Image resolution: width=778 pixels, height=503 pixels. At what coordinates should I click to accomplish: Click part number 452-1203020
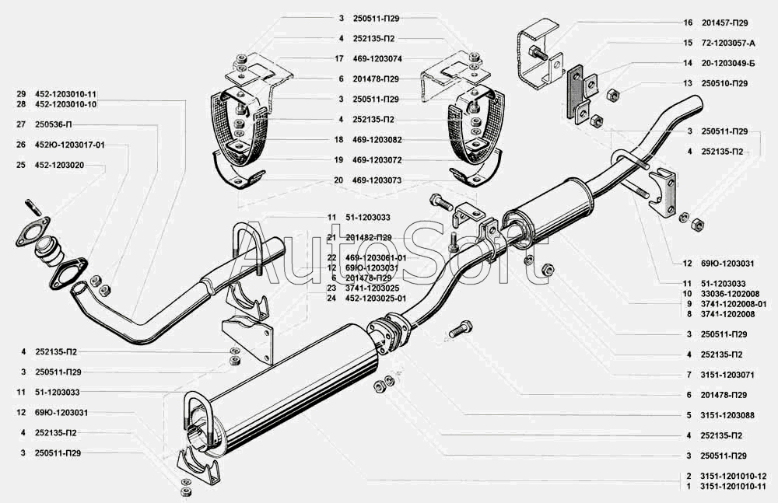[59, 165]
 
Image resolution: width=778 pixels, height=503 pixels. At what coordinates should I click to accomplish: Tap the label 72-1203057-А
[728, 44]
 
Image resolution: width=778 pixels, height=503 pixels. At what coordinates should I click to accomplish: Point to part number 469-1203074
[377, 58]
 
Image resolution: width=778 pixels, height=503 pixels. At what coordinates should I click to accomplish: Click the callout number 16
[688, 23]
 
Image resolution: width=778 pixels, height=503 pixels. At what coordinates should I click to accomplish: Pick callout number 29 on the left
[21, 94]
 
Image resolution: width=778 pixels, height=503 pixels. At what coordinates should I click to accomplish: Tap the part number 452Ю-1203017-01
[69, 145]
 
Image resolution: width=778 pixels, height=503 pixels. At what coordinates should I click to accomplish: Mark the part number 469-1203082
[377, 140]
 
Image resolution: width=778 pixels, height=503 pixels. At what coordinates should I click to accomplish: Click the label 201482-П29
[372, 238]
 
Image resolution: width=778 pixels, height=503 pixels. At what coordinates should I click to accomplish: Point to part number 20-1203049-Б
[728, 64]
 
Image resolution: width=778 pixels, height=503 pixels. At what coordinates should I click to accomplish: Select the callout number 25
[21, 165]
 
